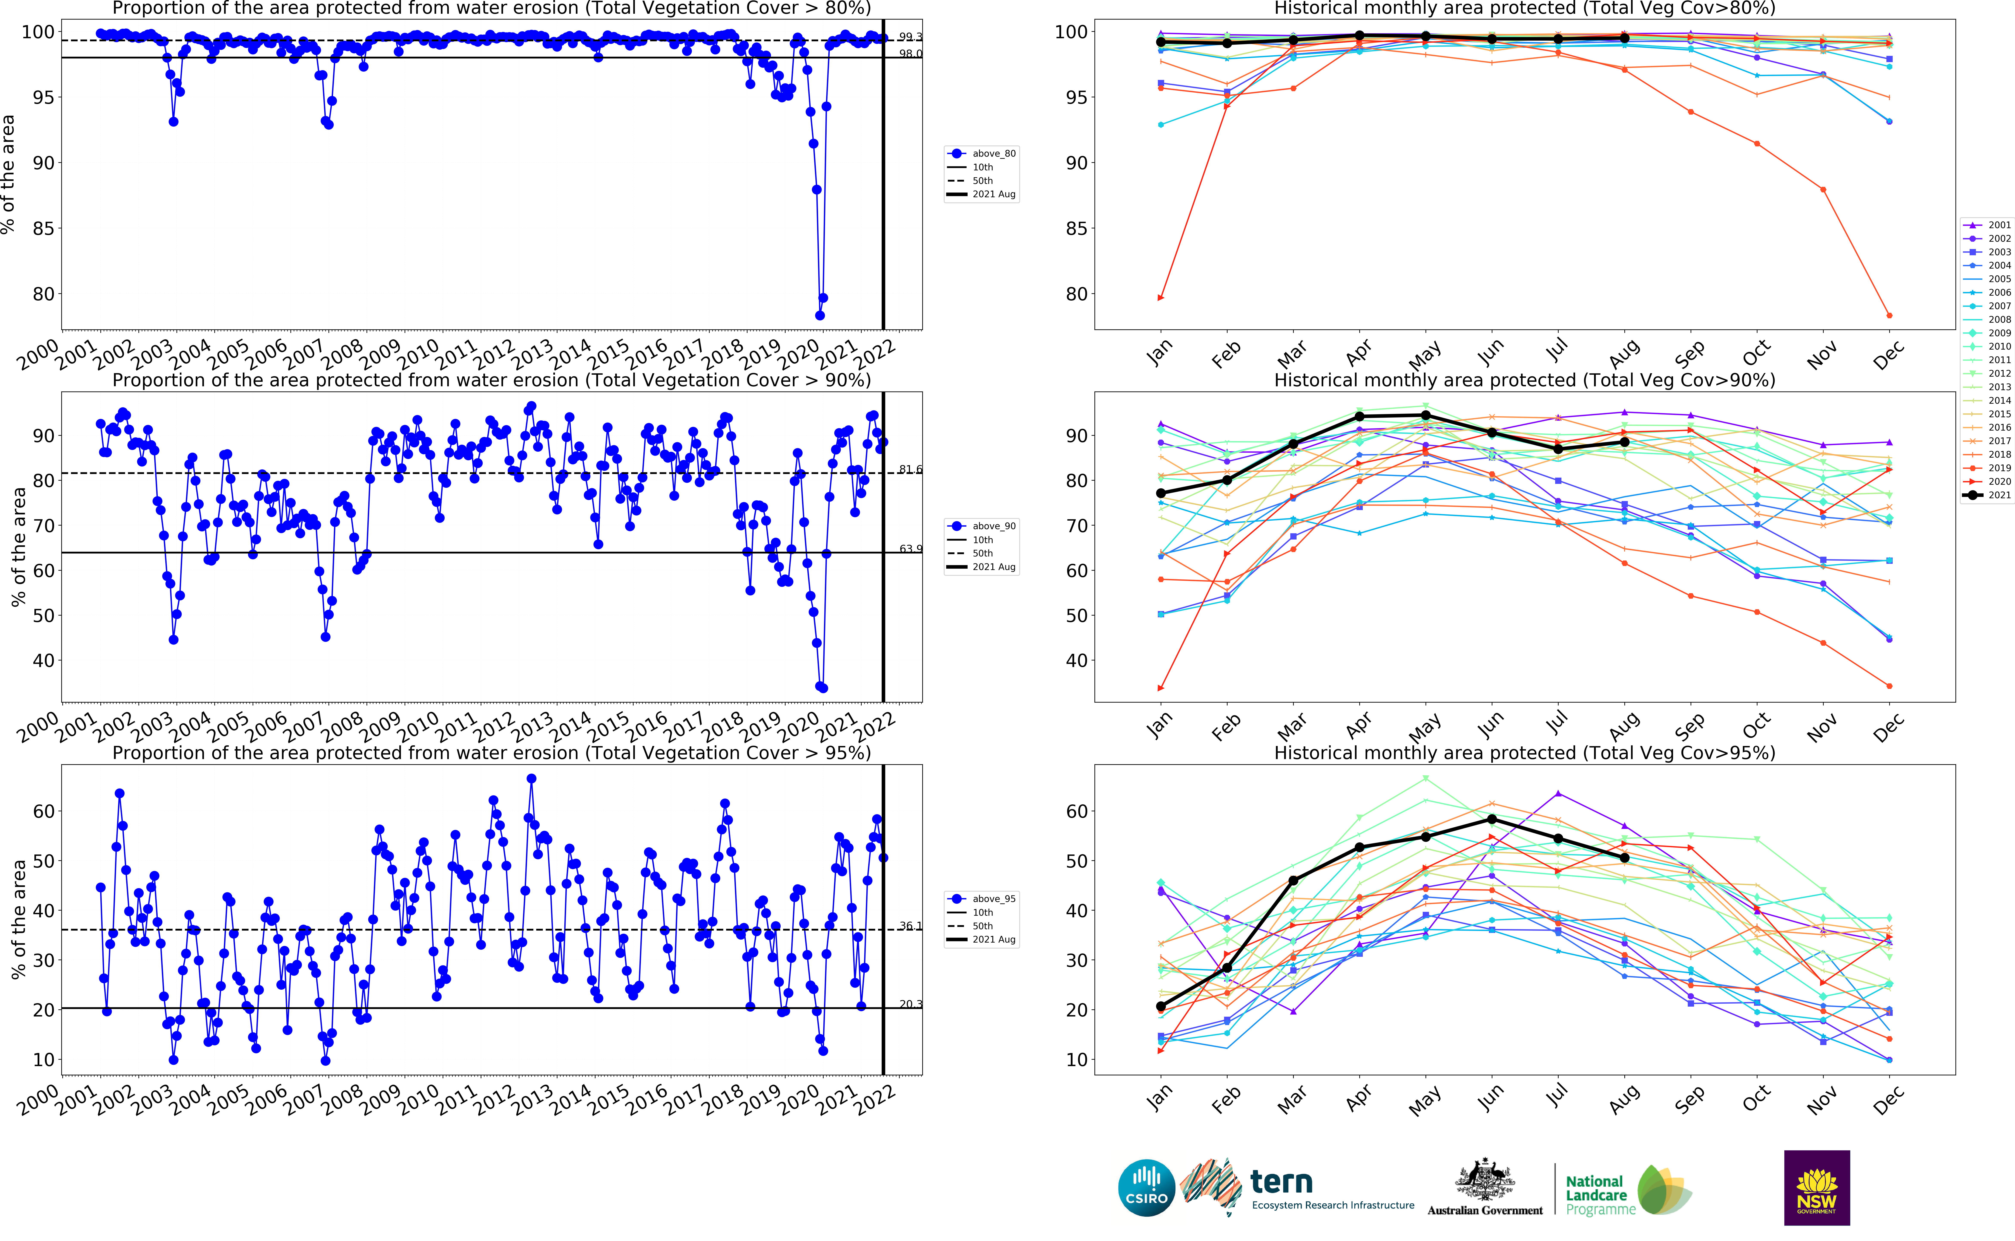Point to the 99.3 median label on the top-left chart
910,37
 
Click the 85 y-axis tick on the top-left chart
43,228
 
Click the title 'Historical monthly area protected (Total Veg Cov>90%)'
1524,380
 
